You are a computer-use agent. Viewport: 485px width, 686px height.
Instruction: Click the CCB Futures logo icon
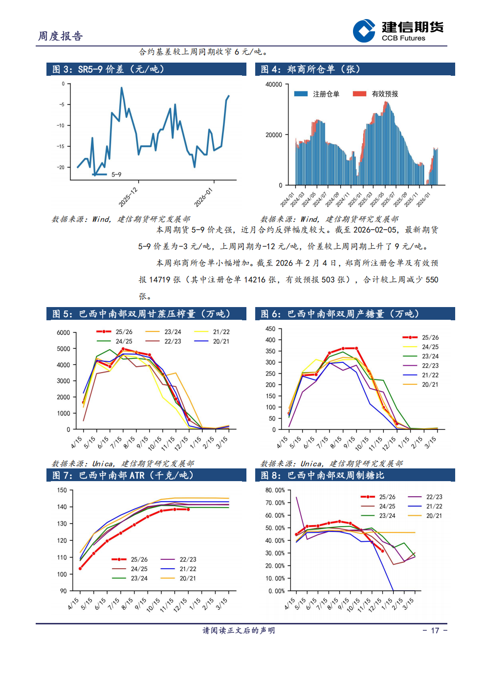click(364, 31)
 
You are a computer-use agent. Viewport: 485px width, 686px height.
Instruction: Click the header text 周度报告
click(61, 36)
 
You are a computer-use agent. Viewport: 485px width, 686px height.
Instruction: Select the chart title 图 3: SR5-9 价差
click(108, 69)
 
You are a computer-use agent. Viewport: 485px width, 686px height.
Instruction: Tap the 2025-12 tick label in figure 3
click(128, 197)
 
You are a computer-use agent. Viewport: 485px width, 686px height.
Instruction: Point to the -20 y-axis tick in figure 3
click(61, 167)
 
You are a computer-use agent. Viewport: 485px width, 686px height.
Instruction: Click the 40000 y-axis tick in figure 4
click(273, 85)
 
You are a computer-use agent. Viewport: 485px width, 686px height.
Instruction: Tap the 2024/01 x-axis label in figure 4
click(287, 199)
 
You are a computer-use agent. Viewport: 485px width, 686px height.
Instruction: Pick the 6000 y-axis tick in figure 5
click(64, 332)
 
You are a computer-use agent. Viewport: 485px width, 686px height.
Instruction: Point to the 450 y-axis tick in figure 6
click(270, 329)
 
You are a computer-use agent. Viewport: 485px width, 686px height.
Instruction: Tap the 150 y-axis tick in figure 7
click(62, 490)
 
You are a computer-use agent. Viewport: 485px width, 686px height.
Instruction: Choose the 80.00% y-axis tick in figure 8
click(275, 490)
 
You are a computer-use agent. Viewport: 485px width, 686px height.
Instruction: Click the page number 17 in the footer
click(435, 631)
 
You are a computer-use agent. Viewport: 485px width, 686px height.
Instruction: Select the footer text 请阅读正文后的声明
click(239, 631)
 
